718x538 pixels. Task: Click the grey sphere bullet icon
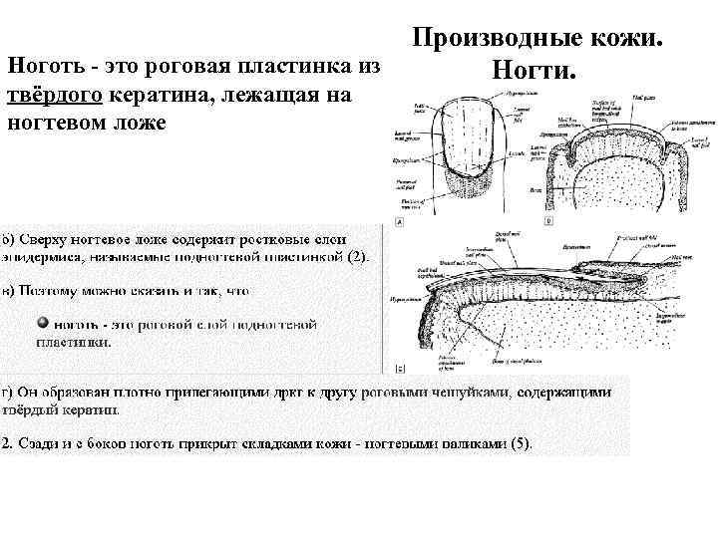point(43,323)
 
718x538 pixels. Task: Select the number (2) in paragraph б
point(357,255)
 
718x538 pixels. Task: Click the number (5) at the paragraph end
point(520,442)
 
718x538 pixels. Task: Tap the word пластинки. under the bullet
point(74,340)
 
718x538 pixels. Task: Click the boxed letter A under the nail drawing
point(400,223)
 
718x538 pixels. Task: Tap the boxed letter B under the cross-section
point(548,222)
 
